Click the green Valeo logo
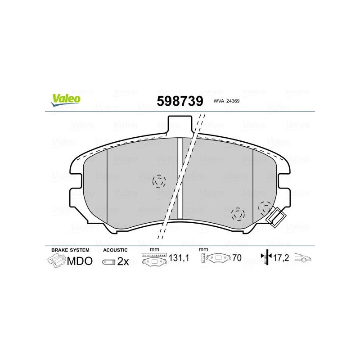66,99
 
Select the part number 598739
180,101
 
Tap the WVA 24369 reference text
226,101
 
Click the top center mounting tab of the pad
180,124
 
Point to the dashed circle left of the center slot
159,181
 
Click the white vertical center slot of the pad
180,178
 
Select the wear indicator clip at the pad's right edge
275,217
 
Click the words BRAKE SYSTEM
70,250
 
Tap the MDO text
80,261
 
